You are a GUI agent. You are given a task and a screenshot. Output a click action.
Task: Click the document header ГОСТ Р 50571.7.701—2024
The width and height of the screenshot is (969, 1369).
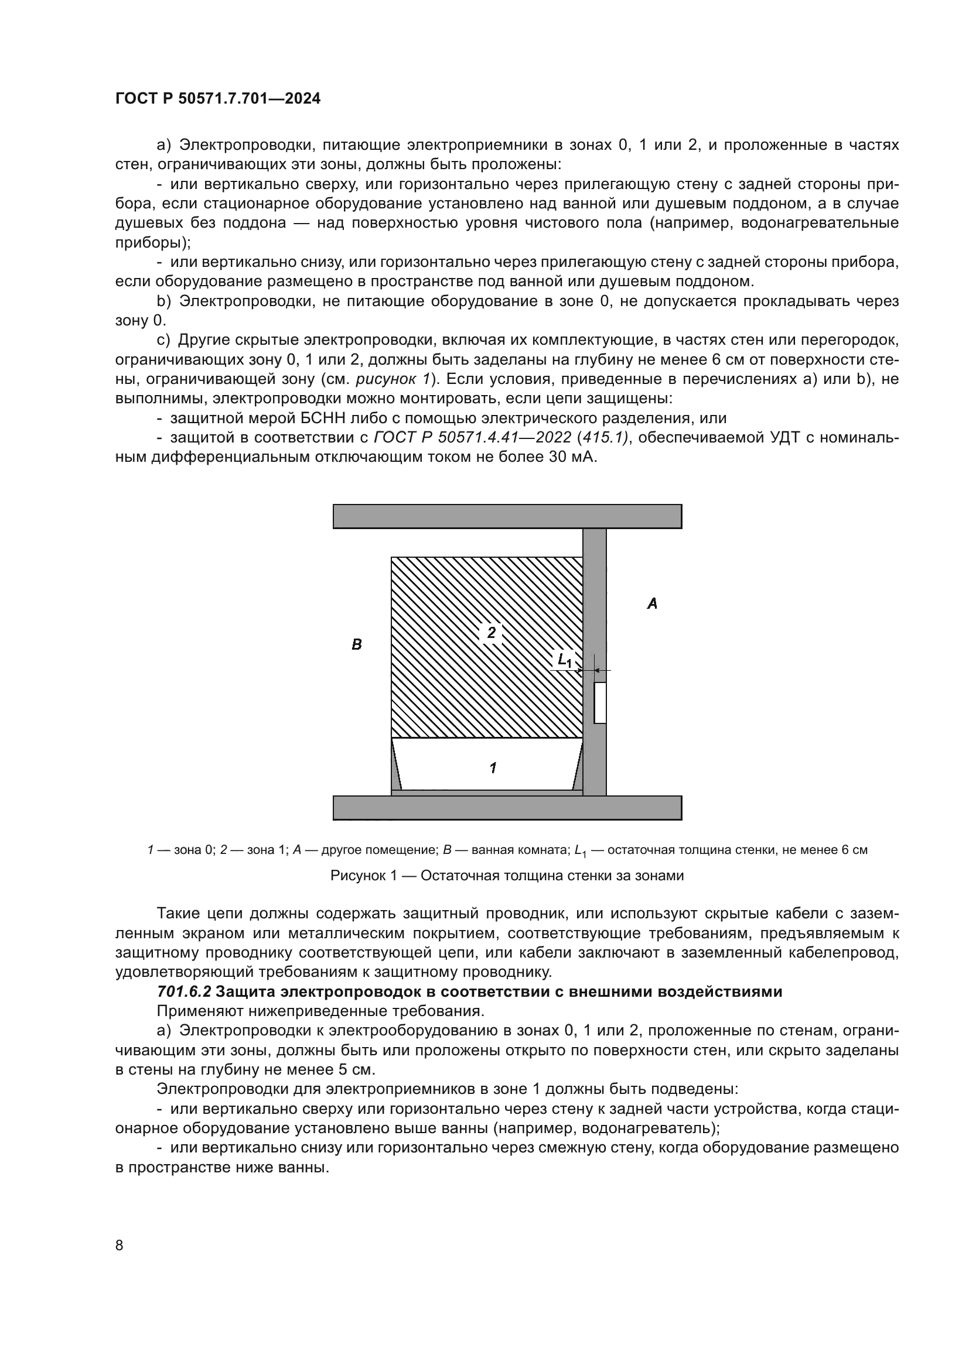pyautogui.click(x=218, y=98)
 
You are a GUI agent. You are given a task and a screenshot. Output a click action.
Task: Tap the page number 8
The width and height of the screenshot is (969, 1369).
pyautogui.click(x=120, y=1245)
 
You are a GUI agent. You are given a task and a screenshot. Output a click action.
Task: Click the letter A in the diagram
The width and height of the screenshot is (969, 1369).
pyautogui.click(x=652, y=604)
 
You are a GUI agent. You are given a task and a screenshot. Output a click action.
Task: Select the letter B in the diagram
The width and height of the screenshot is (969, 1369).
pyautogui.click(x=357, y=644)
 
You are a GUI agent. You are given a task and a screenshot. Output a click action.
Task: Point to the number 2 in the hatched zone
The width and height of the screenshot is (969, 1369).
pyautogui.click(x=491, y=633)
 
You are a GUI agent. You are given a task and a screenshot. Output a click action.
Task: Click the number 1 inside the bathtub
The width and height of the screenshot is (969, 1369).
pyautogui.click(x=493, y=768)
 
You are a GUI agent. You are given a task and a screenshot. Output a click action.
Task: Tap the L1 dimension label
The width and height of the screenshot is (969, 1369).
pyautogui.click(x=564, y=660)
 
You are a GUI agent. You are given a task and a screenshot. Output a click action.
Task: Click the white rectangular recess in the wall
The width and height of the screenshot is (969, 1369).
pyautogui.click(x=600, y=703)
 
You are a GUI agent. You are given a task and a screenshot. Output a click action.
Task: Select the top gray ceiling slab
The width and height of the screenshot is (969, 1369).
pyautogui.click(x=507, y=516)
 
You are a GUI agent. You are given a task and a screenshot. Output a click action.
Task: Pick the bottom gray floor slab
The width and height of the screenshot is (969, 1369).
pyautogui.click(x=507, y=808)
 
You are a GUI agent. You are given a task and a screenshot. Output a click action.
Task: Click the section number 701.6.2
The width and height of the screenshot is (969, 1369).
pyautogui.click(x=184, y=991)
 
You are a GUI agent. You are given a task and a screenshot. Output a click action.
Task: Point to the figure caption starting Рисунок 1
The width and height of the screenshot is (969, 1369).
pyautogui.click(x=507, y=876)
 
